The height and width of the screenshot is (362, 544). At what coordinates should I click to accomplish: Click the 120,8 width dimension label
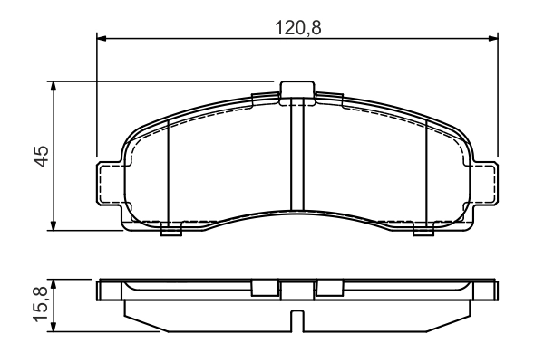[298, 28]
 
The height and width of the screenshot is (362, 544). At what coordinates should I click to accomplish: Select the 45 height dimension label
[42, 157]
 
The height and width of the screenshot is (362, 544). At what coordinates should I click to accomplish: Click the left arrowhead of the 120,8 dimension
[102, 38]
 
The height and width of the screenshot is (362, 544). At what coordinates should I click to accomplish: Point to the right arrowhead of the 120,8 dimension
[493, 38]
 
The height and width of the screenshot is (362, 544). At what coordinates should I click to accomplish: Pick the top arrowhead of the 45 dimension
[53, 86]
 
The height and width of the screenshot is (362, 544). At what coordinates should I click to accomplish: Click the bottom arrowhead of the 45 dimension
[53, 225]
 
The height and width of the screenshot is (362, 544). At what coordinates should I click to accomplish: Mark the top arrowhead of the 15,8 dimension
[53, 284]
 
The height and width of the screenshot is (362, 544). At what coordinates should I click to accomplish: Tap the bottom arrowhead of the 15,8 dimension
[53, 327]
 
